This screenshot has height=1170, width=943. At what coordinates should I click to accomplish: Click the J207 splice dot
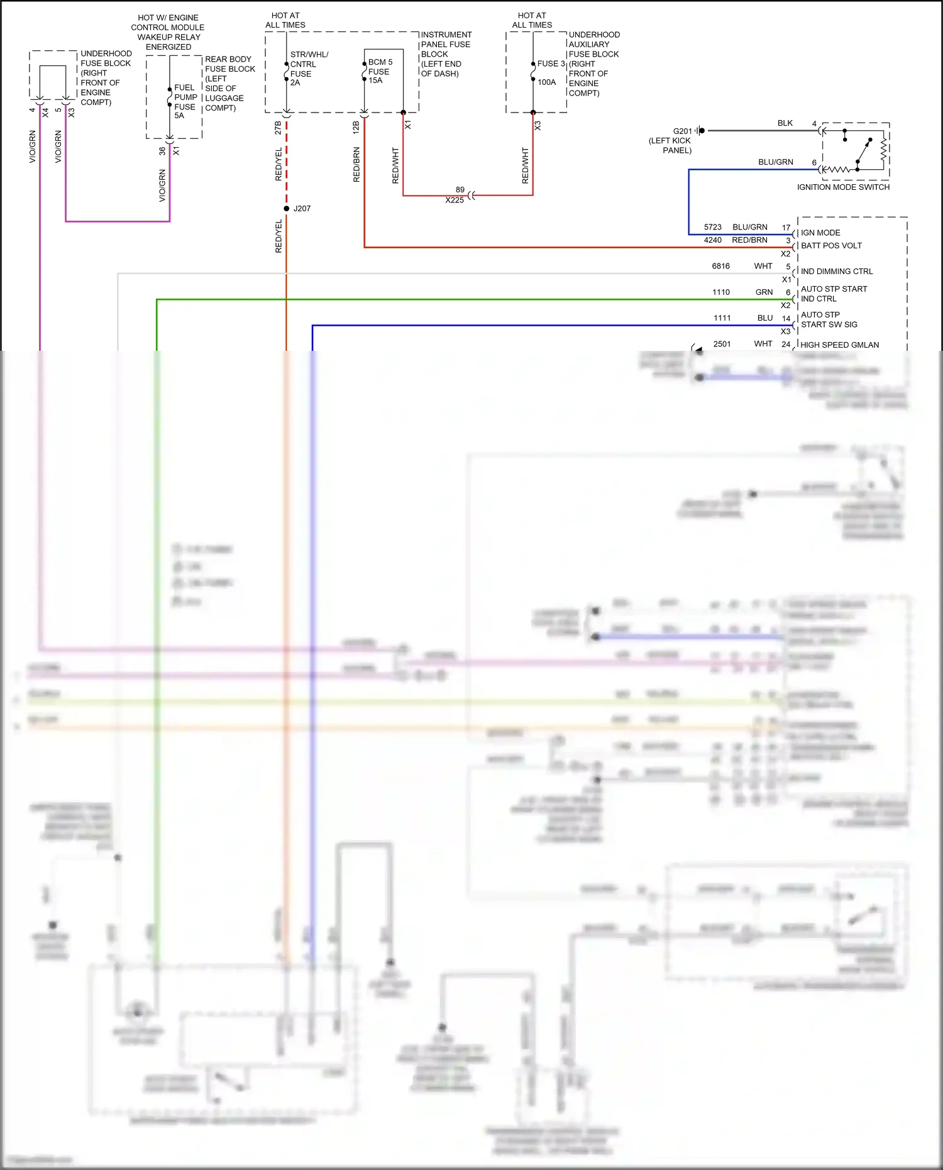287,208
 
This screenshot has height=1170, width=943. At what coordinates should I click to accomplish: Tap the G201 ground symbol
700,131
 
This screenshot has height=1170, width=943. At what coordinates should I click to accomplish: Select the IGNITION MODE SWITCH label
843,187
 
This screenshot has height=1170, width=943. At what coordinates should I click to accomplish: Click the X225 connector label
455,201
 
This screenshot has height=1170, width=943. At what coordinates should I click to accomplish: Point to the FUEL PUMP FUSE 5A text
185,102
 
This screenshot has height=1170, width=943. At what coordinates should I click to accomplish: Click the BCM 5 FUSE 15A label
379,71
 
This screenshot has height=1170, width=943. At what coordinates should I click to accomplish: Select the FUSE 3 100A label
550,72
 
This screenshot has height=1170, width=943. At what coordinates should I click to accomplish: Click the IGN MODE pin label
820,233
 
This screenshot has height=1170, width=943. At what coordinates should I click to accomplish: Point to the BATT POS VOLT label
831,246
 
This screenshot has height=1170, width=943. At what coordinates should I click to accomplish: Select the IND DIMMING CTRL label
837,272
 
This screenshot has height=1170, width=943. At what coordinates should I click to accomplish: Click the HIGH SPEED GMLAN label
839,345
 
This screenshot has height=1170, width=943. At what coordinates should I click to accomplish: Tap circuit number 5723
713,227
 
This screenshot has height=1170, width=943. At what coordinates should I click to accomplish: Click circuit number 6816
721,266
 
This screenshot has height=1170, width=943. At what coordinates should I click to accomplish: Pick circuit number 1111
722,318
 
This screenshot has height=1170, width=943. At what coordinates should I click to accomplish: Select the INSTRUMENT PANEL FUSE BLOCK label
445,54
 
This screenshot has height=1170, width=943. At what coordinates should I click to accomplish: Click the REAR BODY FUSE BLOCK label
229,83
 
